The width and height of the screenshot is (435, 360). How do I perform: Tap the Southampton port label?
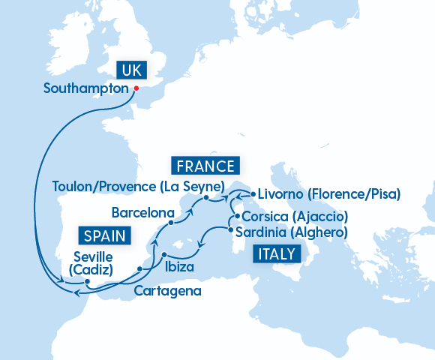coord(86,88)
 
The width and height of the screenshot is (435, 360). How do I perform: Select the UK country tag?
coord(130,70)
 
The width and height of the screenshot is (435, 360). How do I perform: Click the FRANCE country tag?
coord(204,166)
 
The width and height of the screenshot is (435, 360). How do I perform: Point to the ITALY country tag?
coord(275,253)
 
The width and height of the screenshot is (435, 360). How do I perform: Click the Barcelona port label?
coord(142,211)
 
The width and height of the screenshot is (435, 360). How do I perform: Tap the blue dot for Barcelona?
coord(171,223)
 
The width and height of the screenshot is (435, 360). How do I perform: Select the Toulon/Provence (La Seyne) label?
coord(139,185)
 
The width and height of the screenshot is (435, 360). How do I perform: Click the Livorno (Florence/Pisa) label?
coord(329,193)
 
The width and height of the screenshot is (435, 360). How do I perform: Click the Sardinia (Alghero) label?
coord(292,232)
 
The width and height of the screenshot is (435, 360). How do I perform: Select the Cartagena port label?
coord(167,290)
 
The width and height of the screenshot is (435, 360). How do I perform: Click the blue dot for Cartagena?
coord(140,268)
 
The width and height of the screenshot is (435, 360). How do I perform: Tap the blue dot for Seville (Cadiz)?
coord(88,283)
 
